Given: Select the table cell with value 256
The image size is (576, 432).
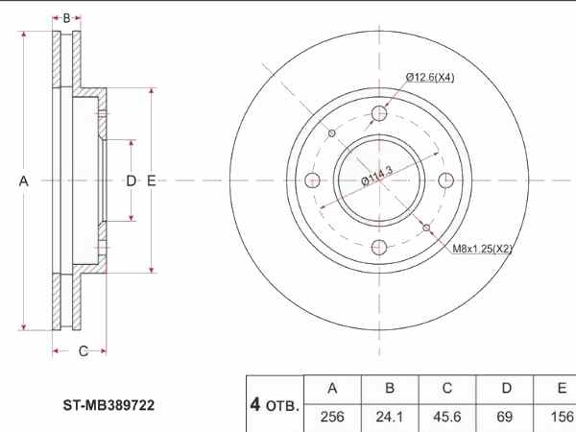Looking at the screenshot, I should [x=332, y=416].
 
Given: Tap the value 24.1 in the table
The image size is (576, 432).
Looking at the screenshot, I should [x=389, y=416].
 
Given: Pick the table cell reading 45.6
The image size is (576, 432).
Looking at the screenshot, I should [x=446, y=416].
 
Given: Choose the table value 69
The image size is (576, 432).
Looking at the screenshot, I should [x=505, y=416].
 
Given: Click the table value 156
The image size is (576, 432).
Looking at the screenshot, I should [x=559, y=416].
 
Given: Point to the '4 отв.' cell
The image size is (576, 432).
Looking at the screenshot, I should [x=275, y=404].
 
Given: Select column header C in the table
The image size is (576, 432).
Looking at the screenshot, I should [x=446, y=388].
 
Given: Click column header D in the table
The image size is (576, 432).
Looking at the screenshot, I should [x=505, y=388].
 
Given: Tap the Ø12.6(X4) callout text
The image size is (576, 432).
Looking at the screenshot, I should [x=429, y=77].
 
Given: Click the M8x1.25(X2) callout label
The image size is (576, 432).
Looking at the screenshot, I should [x=482, y=249].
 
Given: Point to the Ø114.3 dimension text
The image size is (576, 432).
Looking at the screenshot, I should [x=378, y=178].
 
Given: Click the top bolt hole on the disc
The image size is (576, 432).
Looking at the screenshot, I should [x=379, y=114].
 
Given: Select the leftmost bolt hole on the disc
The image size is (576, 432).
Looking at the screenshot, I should [x=313, y=180].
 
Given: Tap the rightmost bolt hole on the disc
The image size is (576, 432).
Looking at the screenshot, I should [x=445, y=180].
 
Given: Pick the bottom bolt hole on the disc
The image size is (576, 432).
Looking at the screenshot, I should [x=379, y=247].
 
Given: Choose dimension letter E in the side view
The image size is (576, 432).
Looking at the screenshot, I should [x=152, y=180].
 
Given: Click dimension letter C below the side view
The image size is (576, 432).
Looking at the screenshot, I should [x=83, y=351].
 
